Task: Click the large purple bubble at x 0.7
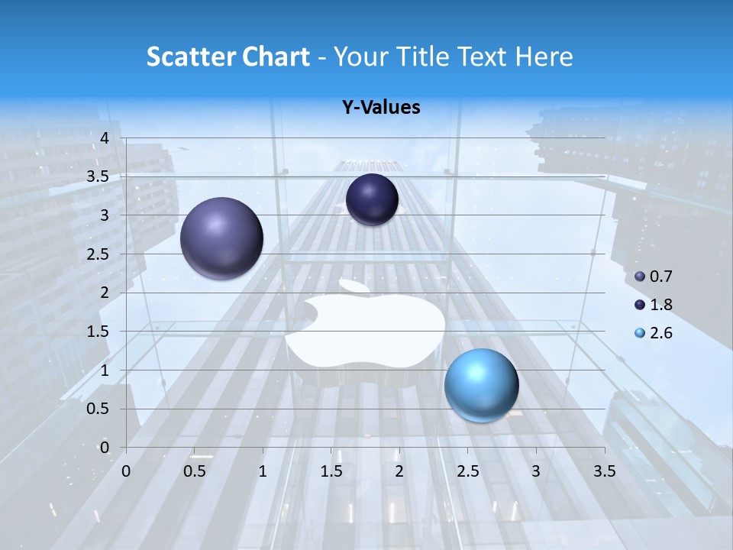[x=221, y=238]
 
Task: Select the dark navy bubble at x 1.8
[x=372, y=199]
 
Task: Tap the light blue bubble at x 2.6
[x=481, y=385]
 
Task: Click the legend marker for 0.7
[x=640, y=277]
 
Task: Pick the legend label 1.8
[x=661, y=305]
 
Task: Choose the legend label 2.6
[x=661, y=333]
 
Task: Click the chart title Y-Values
[x=381, y=108]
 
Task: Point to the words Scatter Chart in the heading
[x=228, y=57]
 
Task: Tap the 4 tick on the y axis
[x=105, y=138]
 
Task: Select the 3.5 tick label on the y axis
[x=98, y=176]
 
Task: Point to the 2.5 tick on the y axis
[x=98, y=254]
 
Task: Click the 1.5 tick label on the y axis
[x=98, y=332]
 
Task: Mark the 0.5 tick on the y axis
[x=98, y=409]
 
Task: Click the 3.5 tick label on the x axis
[x=604, y=471]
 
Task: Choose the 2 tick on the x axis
[x=399, y=471]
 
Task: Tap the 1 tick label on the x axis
[x=263, y=471]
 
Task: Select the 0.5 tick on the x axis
[x=195, y=471]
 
